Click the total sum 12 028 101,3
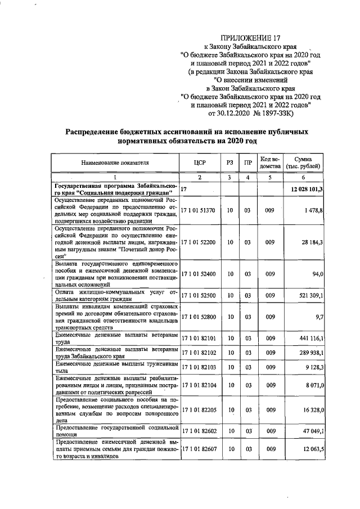307,189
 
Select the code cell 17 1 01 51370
198,210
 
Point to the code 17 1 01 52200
198,242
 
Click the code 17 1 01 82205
198,411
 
